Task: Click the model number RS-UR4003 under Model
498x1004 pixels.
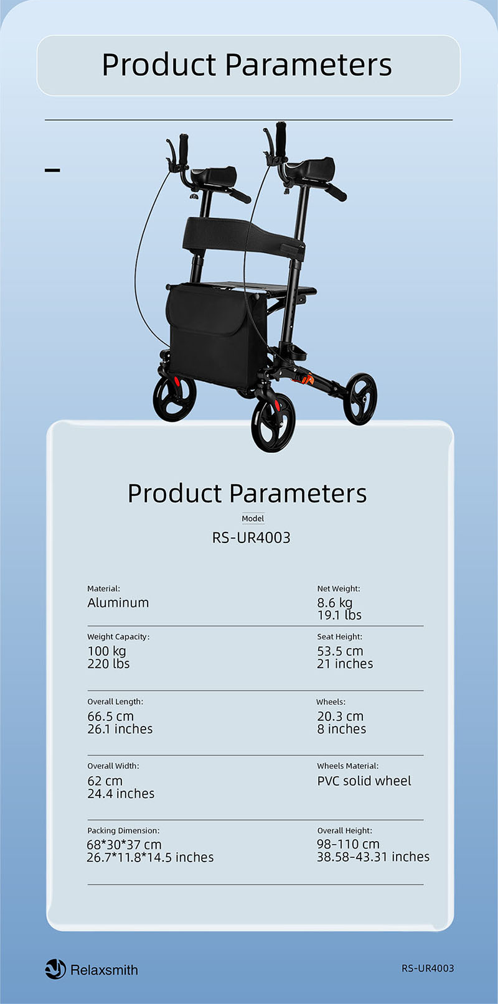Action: tap(251, 537)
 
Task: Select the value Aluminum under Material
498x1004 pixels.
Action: tap(118, 603)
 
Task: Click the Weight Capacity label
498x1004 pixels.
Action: tap(118, 636)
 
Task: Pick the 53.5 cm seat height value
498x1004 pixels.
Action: tap(340, 651)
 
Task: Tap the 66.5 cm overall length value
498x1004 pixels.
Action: tap(110, 716)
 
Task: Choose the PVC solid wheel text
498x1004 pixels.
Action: tap(364, 781)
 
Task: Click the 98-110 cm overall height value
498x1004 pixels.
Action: tap(348, 844)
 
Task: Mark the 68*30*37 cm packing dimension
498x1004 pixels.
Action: tap(124, 845)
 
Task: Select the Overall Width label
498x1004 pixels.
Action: tap(113, 766)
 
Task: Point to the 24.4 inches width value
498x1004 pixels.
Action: tap(121, 793)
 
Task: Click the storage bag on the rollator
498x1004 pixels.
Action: tap(215, 334)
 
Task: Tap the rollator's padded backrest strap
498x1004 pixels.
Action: tap(242, 235)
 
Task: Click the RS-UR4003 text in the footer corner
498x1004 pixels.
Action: tap(428, 968)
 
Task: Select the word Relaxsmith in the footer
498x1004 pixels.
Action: tap(104, 970)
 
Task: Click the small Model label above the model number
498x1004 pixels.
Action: tap(253, 518)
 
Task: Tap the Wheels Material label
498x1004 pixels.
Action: tap(348, 766)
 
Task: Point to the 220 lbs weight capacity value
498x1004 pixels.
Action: tap(108, 663)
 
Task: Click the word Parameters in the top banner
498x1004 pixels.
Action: tap(308, 65)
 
